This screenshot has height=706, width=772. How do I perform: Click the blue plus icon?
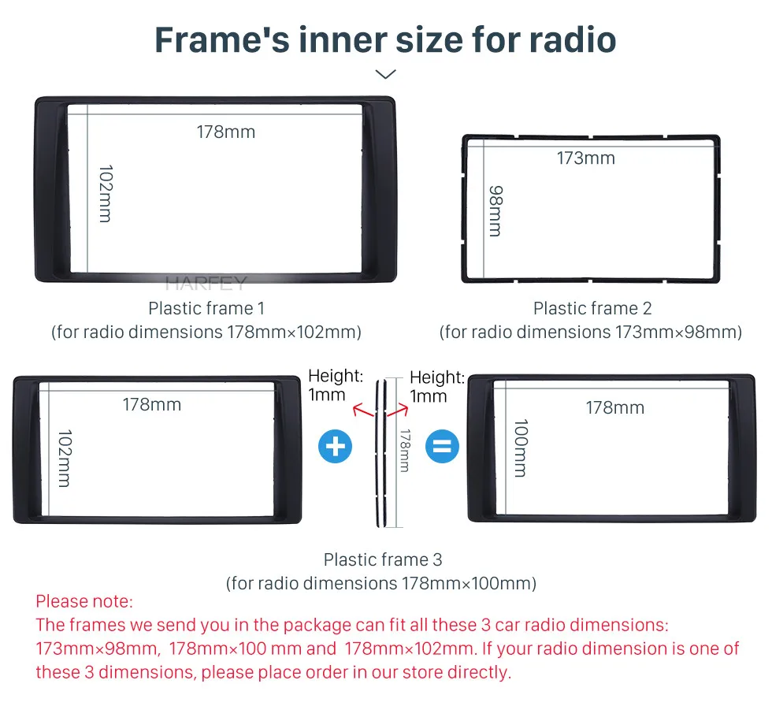click(x=336, y=447)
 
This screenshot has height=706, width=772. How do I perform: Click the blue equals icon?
click(x=442, y=447)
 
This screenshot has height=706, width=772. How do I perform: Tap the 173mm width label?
click(x=586, y=158)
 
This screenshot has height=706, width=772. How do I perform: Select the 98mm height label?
click(x=495, y=211)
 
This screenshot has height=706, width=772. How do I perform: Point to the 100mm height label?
click(x=521, y=448)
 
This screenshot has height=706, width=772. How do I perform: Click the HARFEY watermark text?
click(x=206, y=283)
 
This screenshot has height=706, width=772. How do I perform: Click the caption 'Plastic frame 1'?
click(x=206, y=309)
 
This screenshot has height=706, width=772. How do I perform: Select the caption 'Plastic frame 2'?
click(x=592, y=309)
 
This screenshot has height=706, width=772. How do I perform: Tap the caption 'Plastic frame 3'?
click(x=383, y=559)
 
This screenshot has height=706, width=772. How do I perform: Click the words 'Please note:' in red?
click(x=84, y=601)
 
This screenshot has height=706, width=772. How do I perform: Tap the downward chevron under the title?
click(x=385, y=74)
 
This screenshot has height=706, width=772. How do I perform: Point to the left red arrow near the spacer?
click(x=363, y=410)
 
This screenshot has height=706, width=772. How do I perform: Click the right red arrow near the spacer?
click(x=398, y=410)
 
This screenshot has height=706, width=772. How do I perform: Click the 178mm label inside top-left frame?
click(x=226, y=132)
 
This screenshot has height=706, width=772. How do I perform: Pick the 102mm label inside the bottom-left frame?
click(x=65, y=459)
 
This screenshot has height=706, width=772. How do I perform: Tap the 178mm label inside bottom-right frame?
click(x=615, y=407)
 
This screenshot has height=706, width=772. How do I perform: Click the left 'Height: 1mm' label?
click(x=336, y=385)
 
